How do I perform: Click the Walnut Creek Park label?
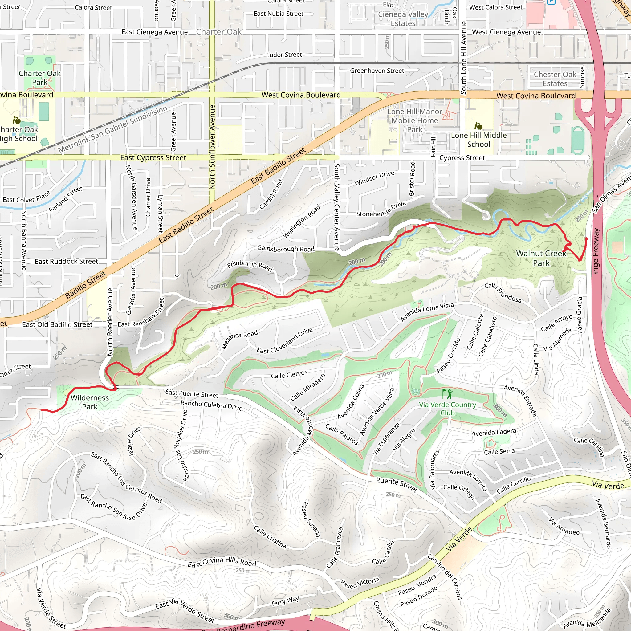click(541, 258)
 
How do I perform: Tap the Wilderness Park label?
click(90, 402)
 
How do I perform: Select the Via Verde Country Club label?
click(447, 409)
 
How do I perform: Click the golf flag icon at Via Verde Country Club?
click(447, 393)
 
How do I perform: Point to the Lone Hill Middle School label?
click(479, 140)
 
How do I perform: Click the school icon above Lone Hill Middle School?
click(479, 126)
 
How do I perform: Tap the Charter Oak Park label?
click(39, 78)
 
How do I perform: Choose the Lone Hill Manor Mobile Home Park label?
click(415, 120)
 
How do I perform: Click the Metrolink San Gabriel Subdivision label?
click(113, 129)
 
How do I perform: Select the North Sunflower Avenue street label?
click(212, 147)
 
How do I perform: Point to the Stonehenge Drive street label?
click(381, 209)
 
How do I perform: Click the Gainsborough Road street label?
click(286, 249)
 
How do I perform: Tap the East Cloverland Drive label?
click(285, 341)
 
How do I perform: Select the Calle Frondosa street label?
click(503, 293)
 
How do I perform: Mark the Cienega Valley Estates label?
click(403, 19)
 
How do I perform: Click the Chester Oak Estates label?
click(555, 79)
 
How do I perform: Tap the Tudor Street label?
click(284, 55)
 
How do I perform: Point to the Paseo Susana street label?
click(310, 519)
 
